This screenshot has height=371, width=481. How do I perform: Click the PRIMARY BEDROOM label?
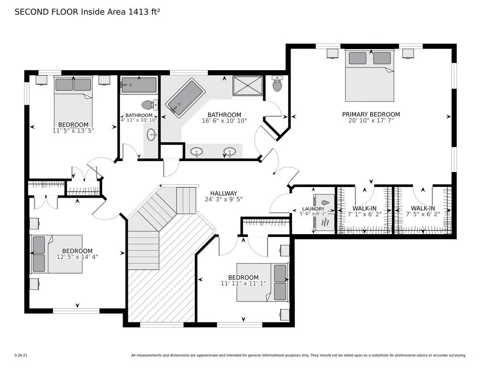click(371, 114)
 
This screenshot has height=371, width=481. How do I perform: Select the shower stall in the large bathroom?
click(248, 86)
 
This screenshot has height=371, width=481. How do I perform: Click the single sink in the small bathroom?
click(151, 135)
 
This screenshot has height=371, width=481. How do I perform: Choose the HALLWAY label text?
click(223, 193)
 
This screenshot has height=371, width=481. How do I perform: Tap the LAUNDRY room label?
click(313, 209)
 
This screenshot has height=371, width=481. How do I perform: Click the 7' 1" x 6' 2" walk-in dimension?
click(364, 214)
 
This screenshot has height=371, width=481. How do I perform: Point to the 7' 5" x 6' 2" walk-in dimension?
click(423, 214)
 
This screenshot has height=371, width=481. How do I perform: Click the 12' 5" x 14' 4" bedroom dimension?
click(77, 257)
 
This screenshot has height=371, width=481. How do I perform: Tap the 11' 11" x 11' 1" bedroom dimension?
click(243, 283)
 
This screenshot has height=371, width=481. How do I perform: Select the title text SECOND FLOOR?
click(46, 12)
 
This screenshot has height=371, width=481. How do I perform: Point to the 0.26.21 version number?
click(21, 355)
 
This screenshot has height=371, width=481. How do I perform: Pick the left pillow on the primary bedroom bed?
click(358, 58)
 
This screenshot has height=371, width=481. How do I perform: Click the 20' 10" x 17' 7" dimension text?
click(371, 121)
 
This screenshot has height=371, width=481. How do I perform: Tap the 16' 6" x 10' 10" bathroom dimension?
click(224, 121)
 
